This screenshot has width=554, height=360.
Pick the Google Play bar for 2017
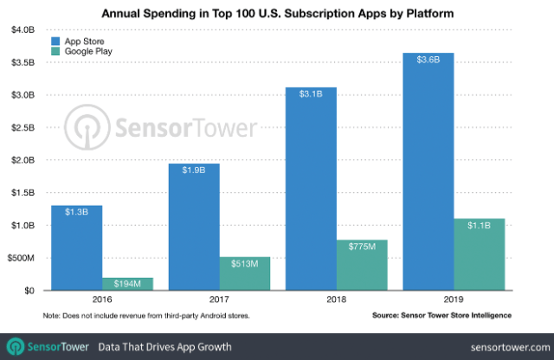[x=245, y=273]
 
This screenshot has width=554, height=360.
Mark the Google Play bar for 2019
[x=479, y=254]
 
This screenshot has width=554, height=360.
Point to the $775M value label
[x=363, y=246]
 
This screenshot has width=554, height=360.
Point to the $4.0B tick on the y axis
[x=21, y=29]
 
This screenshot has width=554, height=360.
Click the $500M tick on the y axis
[x=19, y=258]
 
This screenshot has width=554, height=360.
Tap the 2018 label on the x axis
[x=337, y=300]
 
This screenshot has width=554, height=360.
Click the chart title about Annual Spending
[x=277, y=13]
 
